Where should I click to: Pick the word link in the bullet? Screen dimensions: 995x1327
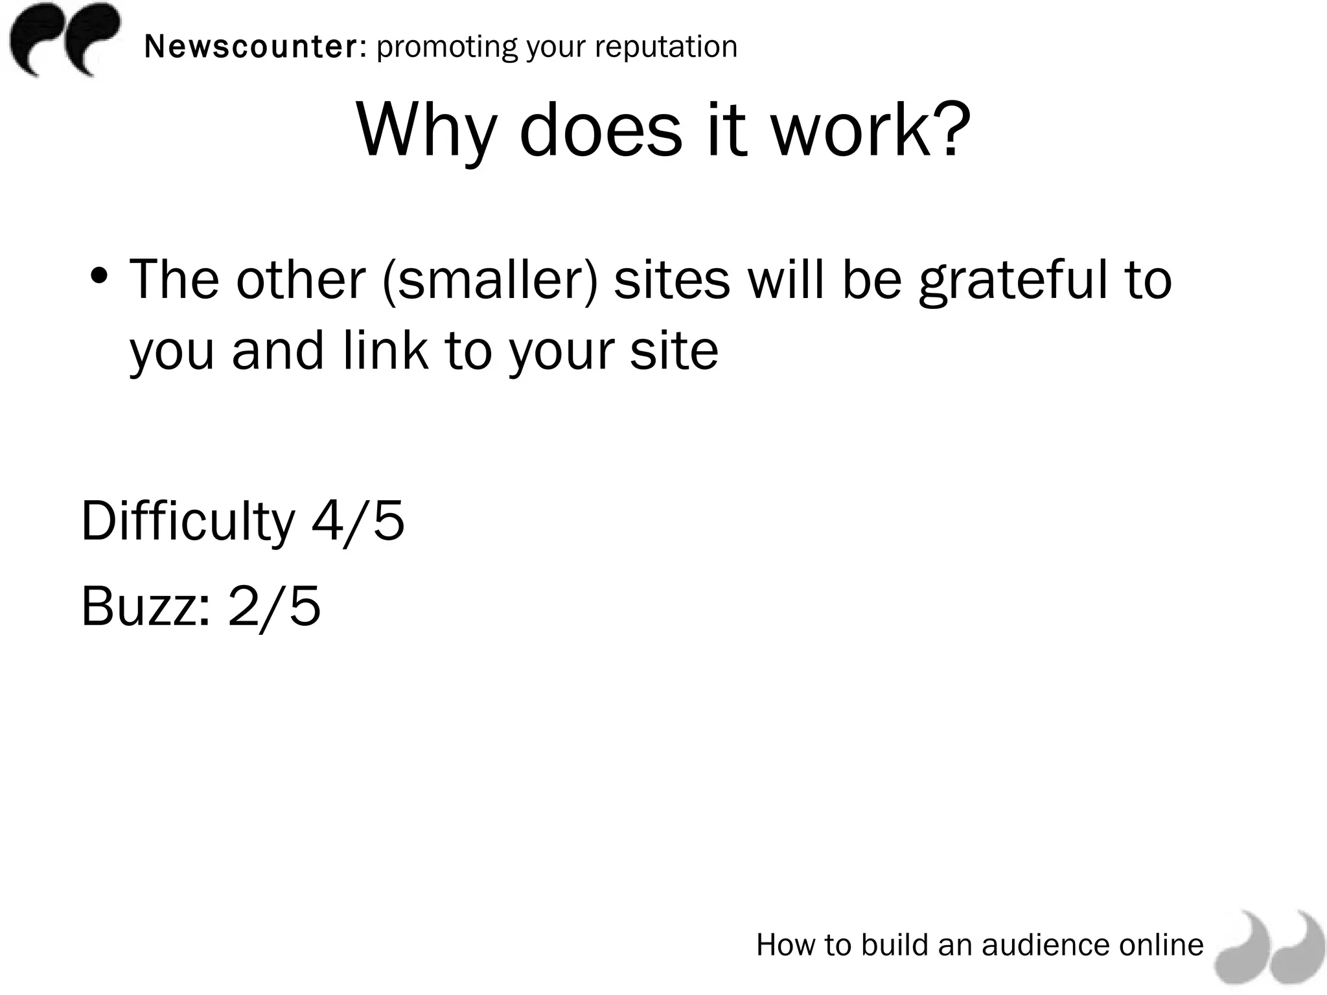[x=385, y=350]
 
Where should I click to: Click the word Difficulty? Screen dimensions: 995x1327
[x=188, y=522]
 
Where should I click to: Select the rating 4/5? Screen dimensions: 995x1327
[x=358, y=521]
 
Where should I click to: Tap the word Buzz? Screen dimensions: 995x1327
[x=146, y=606]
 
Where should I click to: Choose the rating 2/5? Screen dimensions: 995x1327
[x=275, y=606]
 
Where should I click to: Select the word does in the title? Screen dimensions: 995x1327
[x=601, y=130]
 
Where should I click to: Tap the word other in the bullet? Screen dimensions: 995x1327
[x=301, y=280]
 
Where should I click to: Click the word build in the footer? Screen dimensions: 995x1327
[x=894, y=944]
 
